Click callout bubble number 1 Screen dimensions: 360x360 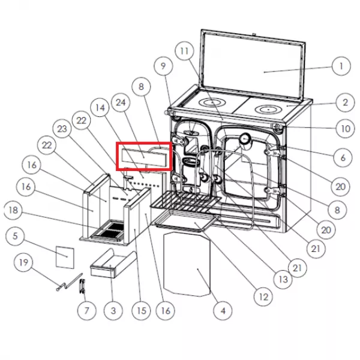click(x=341, y=66)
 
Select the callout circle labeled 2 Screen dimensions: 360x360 click(x=345, y=103)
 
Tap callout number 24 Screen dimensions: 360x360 click(x=121, y=103)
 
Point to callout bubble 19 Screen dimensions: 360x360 click(x=23, y=262)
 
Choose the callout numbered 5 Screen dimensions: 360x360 click(x=15, y=236)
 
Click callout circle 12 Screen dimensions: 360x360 click(x=263, y=296)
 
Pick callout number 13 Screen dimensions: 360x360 click(x=283, y=279)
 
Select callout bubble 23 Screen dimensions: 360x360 click(x=62, y=129)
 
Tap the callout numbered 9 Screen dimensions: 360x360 click(x=163, y=66)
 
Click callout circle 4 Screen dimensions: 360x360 click(x=223, y=311)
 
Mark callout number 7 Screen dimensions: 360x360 click(x=87, y=311)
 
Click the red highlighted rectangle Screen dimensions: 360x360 click(x=144, y=156)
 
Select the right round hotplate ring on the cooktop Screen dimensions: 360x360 click(x=268, y=110)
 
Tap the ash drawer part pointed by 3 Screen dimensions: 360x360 click(x=113, y=263)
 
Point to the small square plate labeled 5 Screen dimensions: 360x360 click(x=65, y=257)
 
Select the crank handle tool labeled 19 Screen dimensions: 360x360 click(x=70, y=282)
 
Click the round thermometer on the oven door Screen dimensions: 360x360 click(x=245, y=139)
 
